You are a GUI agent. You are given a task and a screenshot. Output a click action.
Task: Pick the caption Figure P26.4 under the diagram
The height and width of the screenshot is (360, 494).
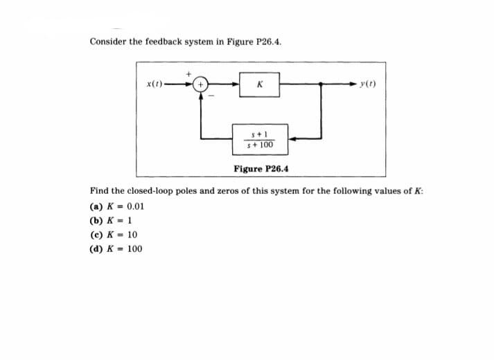tap(262, 168)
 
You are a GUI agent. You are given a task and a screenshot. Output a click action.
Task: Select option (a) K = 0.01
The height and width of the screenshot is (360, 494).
tap(116, 206)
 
